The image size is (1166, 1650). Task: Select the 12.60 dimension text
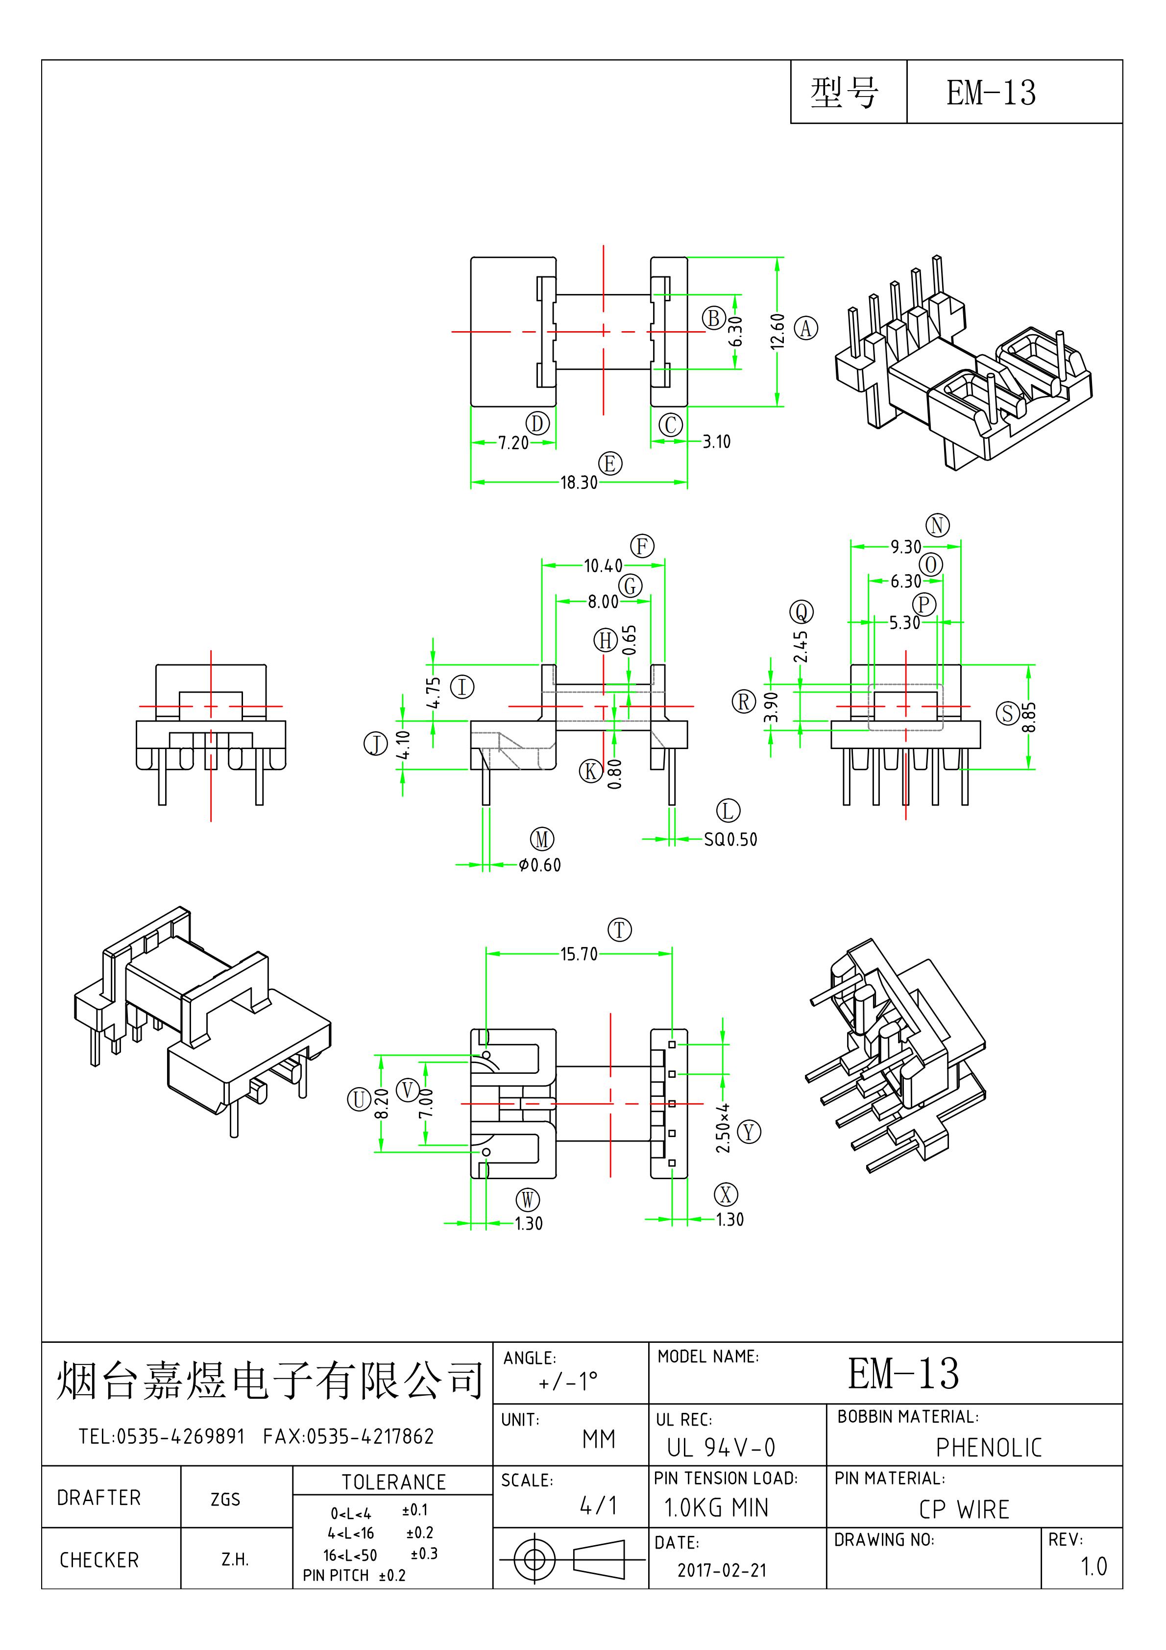(x=777, y=331)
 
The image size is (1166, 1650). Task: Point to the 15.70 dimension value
(x=579, y=954)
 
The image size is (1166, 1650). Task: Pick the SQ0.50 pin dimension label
(x=730, y=839)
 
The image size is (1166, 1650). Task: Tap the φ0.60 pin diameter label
(x=540, y=865)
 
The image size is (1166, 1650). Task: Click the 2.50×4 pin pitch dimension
(x=723, y=1128)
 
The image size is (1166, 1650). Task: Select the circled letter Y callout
(x=749, y=1132)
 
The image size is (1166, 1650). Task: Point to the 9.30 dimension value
(x=905, y=547)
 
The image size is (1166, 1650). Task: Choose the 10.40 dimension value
(x=603, y=565)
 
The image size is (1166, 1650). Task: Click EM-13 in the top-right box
(x=991, y=93)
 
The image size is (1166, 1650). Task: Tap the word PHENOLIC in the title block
(x=989, y=1447)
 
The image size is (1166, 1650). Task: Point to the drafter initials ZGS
(x=225, y=1499)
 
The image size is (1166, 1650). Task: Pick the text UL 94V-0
(x=721, y=1447)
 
